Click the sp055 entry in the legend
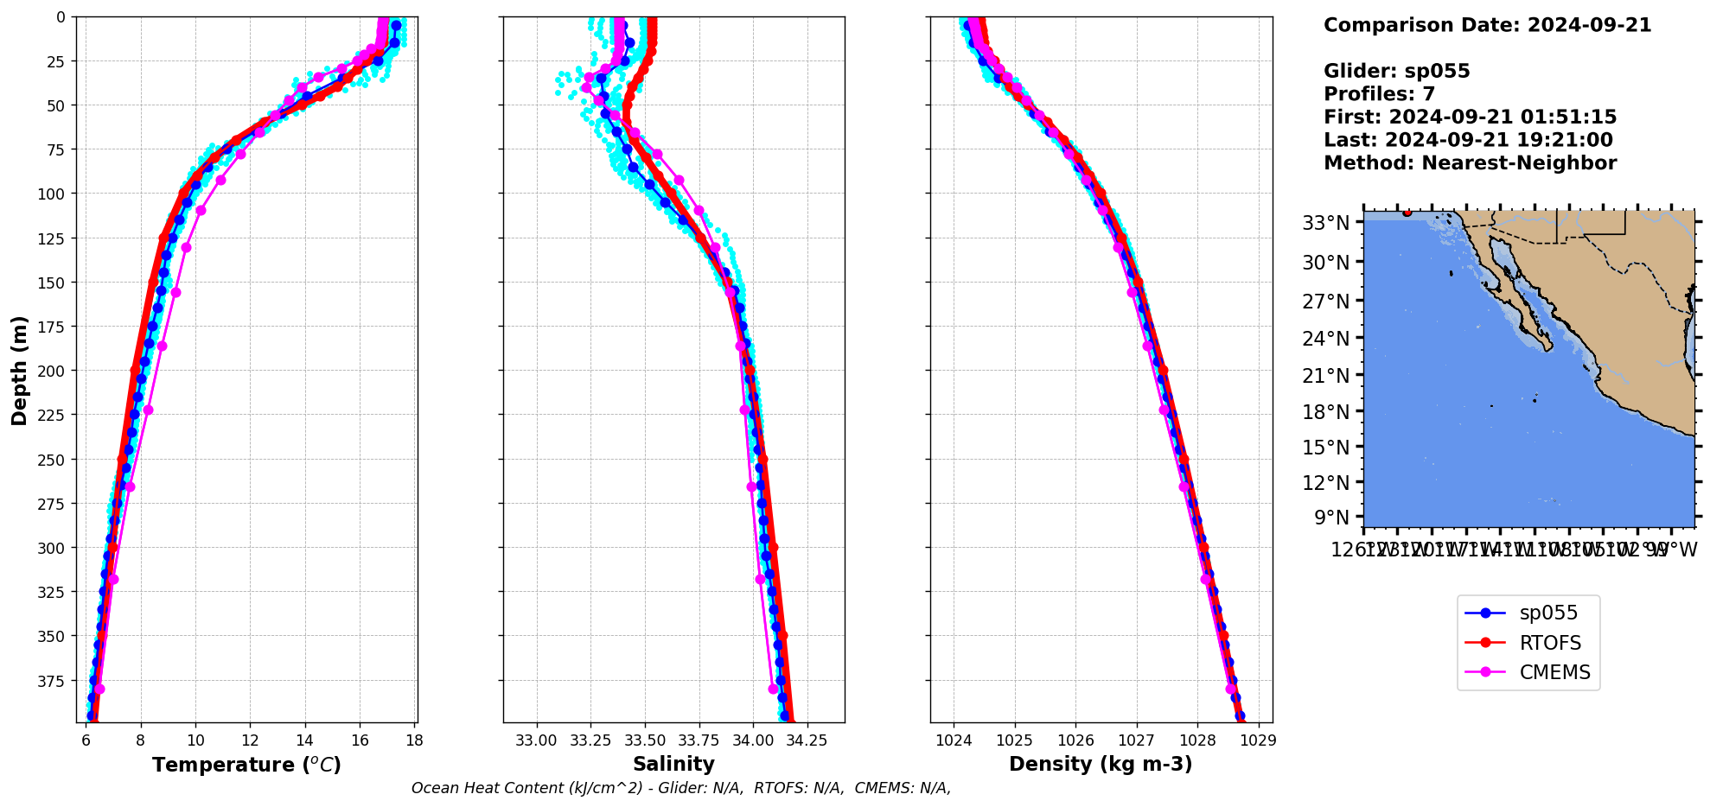pos(1547,613)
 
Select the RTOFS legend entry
pos(1549,643)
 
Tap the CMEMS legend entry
pos(1554,672)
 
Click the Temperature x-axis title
pos(246,765)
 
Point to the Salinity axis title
pos(673,764)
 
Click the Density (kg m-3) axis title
pos(1101,764)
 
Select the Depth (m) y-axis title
pos(19,370)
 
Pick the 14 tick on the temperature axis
pos(305,740)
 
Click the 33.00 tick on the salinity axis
pos(537,740)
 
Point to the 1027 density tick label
pos(1137,740)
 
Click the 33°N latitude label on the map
pos(1325,223)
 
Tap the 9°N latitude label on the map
pos(1331,518)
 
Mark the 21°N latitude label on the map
pos(1325,376)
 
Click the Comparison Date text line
pos(1487,25)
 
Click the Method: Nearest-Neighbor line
pos(1470,163)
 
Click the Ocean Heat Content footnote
pos(681,788)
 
